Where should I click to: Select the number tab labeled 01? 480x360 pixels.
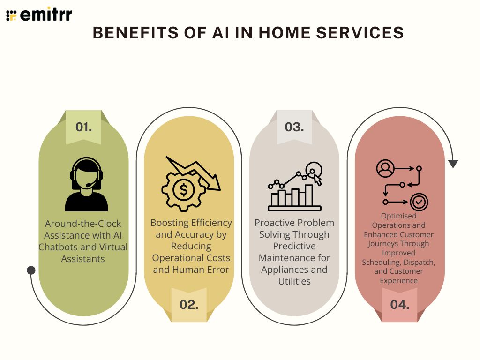tap(83, 127)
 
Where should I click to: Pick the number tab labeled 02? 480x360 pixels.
tap(189, 304)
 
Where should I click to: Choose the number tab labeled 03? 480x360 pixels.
tap(294, 127)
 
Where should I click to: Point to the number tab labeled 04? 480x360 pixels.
tap(400, 304)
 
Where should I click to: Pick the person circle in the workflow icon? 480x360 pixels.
tap(385, 168)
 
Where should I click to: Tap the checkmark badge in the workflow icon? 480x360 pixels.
tap(419, 202)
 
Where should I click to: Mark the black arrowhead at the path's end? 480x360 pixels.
tap(453, 164)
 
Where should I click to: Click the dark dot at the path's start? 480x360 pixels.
tap(31, 270)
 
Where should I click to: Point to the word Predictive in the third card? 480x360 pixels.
tap(294, 246)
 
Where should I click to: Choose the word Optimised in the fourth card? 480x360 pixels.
tap(398, 216)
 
